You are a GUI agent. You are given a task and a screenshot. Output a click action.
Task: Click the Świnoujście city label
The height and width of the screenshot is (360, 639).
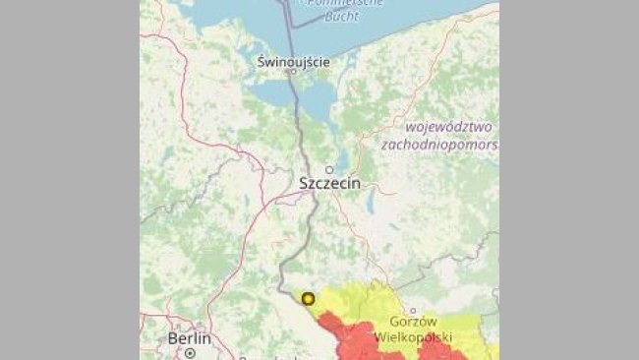coord(292,61)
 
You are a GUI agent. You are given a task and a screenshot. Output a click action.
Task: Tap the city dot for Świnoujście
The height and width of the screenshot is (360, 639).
coord(291,72)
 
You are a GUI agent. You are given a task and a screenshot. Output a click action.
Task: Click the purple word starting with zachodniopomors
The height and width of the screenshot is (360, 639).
coord(439,145)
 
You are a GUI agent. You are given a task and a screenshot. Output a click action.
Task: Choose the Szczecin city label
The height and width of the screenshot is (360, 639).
coord(329,184)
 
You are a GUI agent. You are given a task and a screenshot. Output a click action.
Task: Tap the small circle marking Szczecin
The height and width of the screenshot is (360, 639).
coord(330,169)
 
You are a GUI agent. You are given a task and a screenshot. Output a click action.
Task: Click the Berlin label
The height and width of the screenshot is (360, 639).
coord(189,337)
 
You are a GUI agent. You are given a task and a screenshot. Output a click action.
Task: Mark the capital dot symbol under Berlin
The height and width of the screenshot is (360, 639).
coord(190,351)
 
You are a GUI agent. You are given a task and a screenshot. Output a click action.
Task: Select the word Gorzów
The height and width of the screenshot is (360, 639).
coord(412,324)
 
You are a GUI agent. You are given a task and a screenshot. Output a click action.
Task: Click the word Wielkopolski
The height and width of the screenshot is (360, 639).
coord(414,337)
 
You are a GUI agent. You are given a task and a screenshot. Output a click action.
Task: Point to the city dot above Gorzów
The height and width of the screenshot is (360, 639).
coord(413,311)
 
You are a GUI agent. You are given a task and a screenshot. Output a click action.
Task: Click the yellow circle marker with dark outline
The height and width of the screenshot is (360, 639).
coord(308,298)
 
